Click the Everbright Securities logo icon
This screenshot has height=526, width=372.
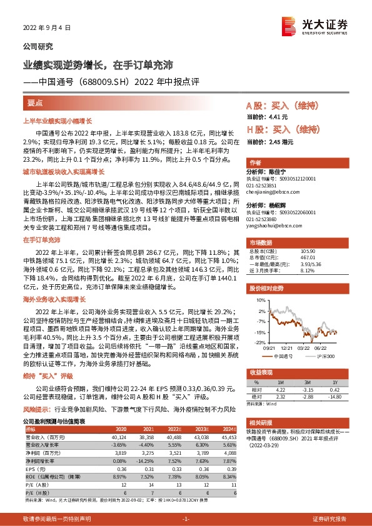click(x=288, y=26)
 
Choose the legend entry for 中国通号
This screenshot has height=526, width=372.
click(x=288, y=355)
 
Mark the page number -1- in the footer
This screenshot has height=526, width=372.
click(x=185, y=519)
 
